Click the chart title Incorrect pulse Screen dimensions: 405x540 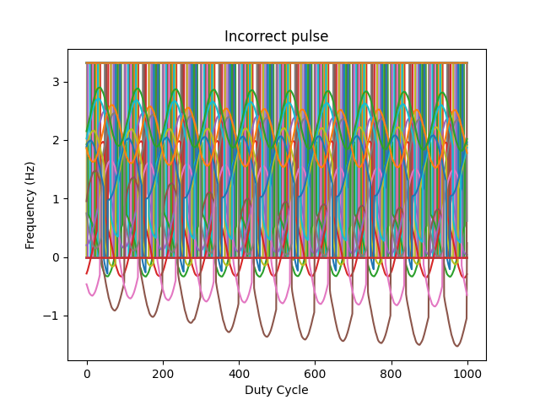point(276,37)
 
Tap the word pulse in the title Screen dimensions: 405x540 point(310,37)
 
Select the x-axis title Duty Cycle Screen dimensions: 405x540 point(276,390)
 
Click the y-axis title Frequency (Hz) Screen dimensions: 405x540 point(30,205)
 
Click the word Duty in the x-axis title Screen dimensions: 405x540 point(258,390)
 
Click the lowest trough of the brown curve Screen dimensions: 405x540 point(457,346)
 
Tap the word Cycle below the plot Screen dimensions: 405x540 point(291,390)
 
